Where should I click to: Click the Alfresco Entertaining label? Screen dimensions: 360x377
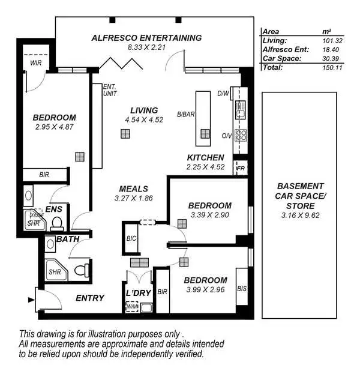click(x=146, y=37)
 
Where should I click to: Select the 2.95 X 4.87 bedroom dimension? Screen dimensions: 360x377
click(x=55, y=127)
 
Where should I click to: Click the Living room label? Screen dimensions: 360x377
click(x=144, y=110)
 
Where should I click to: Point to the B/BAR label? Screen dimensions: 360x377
click(x=183, y=113)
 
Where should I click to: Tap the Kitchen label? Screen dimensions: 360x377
click(x=205, y=157)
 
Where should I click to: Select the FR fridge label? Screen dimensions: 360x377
click(x=241, y=168)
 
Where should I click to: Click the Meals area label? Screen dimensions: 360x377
click(x=133, y=188)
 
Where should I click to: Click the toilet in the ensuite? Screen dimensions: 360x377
click(x=57, y=224)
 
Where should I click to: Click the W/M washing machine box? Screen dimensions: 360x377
click(x=131, y=307)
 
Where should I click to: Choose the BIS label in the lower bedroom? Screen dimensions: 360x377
click(x=241, y=289)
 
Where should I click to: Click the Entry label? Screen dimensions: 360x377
click(x=90, y=298)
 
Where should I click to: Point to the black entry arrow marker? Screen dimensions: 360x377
click(x=31, y=298)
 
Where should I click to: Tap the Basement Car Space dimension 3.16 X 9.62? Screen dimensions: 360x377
click(x=299, y=216)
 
